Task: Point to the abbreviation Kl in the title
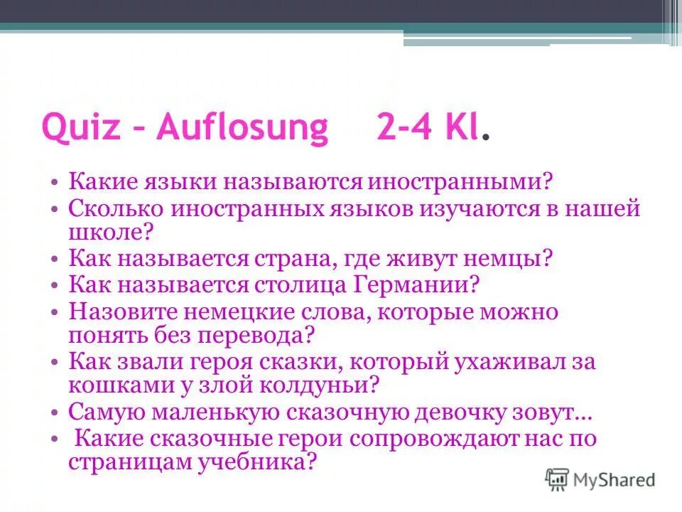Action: pyautogui.click(x=465, y=128)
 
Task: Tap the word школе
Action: pyautogui.click(x=107, y=232)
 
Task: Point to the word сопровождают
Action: pyautogui.click(x=455, y=438)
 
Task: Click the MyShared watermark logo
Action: pyautogui.click(x=600, y=479)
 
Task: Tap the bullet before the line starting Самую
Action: pyautogui.click(x=56, y=412)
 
